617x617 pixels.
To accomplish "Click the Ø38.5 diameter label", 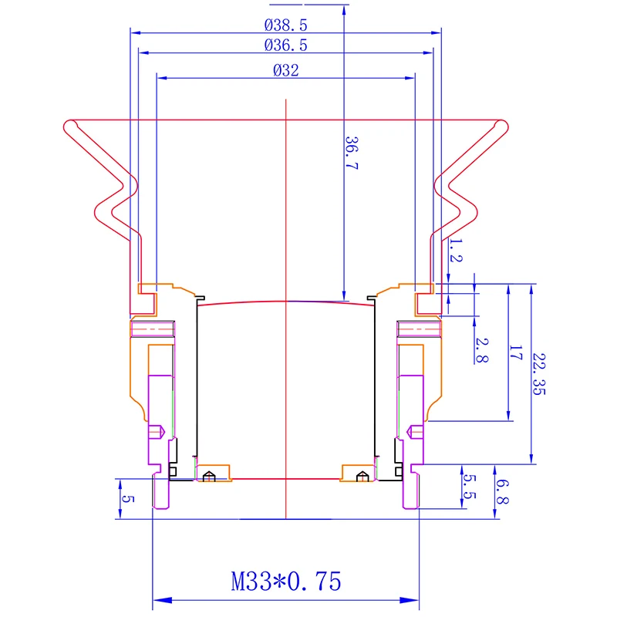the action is click(285, 25).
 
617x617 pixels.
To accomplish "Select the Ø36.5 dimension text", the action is click(285, 46).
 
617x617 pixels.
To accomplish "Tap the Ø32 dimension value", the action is click(285, 70).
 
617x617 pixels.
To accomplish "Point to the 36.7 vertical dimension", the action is click(352, 153).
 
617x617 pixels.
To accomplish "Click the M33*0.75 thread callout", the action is click(286, 582).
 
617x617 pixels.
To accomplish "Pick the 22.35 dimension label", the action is click(538, 374).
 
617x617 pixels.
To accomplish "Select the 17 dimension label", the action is click(515, 352).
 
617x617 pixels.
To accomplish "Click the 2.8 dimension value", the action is click(481, 350).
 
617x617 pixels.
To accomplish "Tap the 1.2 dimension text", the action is click(456, 250).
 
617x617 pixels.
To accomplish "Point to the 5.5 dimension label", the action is click(469, 487).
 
